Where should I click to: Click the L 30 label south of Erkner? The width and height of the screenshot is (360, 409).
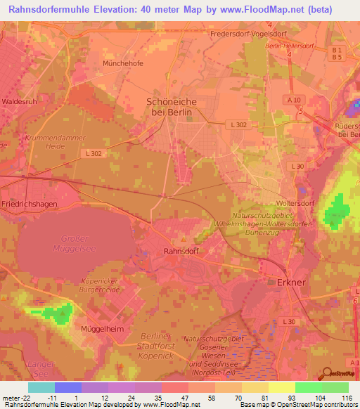[289, 321]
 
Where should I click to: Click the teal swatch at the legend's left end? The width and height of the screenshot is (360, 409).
[41, 387]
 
